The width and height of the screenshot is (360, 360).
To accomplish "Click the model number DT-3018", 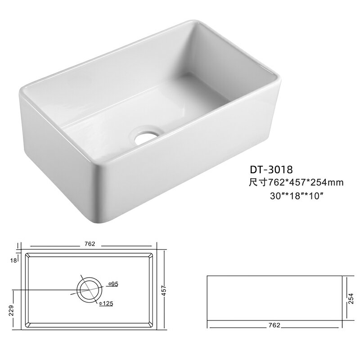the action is (x=271, y=170).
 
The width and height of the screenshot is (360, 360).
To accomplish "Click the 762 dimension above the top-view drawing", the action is (x=90, y=243).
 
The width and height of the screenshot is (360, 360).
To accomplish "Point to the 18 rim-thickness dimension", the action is (x=13, y=261).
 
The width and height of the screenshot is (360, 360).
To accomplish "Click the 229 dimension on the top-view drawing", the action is (x=12, y=310).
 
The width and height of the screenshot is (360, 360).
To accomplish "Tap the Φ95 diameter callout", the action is (x=113, y=284).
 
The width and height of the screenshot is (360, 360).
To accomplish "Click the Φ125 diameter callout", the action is (x=106, y=303).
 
